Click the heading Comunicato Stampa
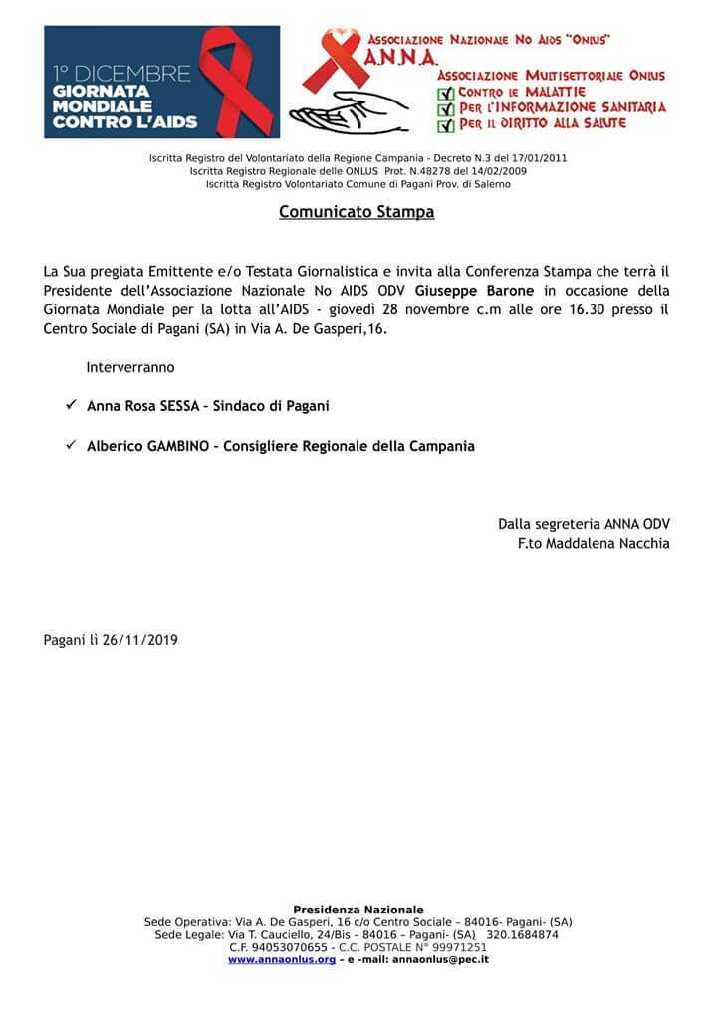click(357, 212)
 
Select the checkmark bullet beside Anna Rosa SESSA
click(71, 405)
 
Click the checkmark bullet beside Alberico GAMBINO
click(71, 445)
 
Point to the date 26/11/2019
click(139, 640)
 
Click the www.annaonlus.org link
click(282, 960)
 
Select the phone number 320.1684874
click(522, 935)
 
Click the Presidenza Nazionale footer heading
click(358, 910)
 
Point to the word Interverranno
click(130, 367)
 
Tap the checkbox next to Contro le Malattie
click(445, 94)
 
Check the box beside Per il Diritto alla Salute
click(445, 125)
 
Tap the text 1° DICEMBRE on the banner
click(121, 74)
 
